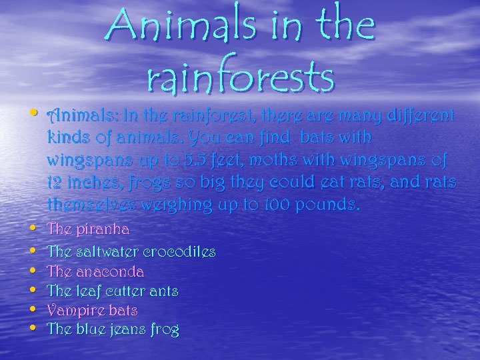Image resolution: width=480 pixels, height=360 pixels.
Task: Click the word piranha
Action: pyautogui.click(x=103, y=229)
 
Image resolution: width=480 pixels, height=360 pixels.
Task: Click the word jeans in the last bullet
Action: pyautogui.click(x=134, y=330)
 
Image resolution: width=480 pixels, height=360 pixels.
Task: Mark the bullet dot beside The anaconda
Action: pyautogui.click(x=35, y=271)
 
